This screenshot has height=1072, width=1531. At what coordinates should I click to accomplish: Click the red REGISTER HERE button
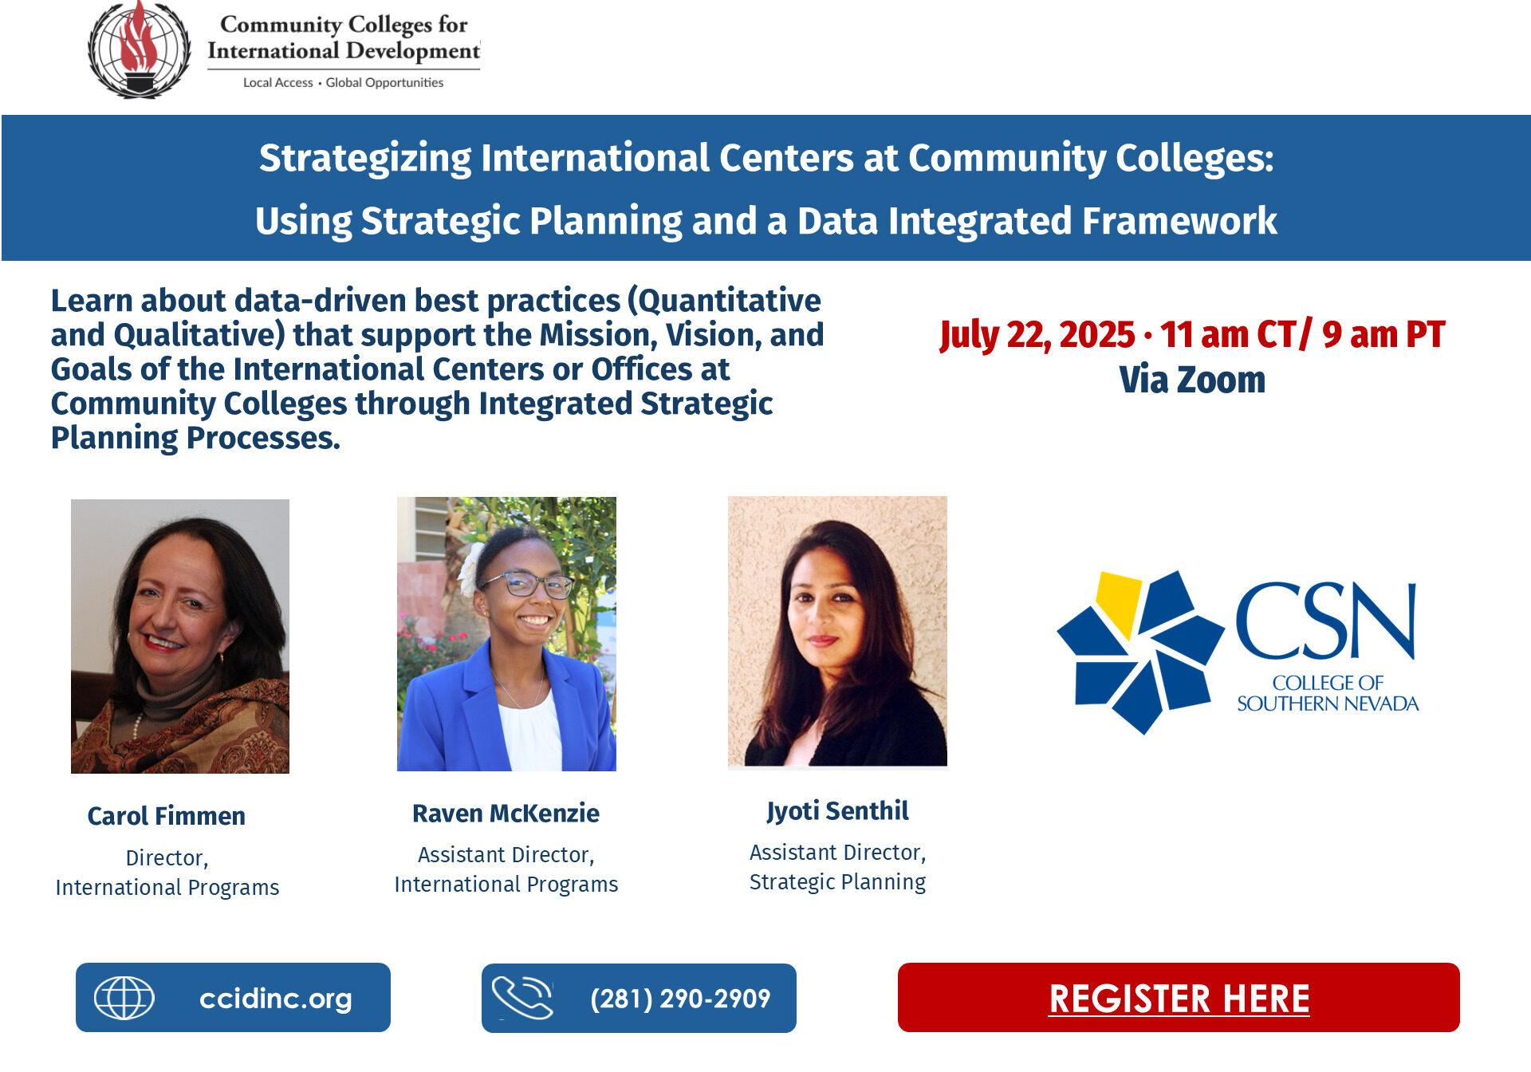[1179, 998]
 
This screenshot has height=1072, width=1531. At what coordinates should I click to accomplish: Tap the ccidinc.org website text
[275, 998]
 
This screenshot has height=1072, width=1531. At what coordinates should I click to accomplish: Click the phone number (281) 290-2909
[680, 998]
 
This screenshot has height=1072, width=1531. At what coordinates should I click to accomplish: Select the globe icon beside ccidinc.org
[124, 998]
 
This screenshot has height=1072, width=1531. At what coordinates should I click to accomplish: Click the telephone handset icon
[522, 998]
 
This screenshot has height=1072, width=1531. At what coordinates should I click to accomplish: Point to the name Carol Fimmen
[166, 816]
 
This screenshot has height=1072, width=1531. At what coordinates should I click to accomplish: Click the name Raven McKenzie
[506, 813]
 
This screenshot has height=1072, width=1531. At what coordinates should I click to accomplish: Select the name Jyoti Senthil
[837, 810]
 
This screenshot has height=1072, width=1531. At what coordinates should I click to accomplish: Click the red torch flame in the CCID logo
[139, 40]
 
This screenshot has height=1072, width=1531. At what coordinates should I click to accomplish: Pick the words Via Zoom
[1192, 380]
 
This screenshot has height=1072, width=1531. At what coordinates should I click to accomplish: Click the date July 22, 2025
[1037, 335]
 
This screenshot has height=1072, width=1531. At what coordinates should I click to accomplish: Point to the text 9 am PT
[1383, 335]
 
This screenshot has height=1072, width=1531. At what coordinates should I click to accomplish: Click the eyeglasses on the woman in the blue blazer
[526, 585]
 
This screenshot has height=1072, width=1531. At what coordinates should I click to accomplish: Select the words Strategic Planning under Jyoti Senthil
[837, 882]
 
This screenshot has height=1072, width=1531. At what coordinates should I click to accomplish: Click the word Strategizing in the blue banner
[365, 158]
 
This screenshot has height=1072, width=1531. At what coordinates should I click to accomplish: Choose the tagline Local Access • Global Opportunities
[343, 83]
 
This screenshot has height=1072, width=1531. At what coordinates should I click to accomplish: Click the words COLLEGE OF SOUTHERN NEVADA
[1328, 693]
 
